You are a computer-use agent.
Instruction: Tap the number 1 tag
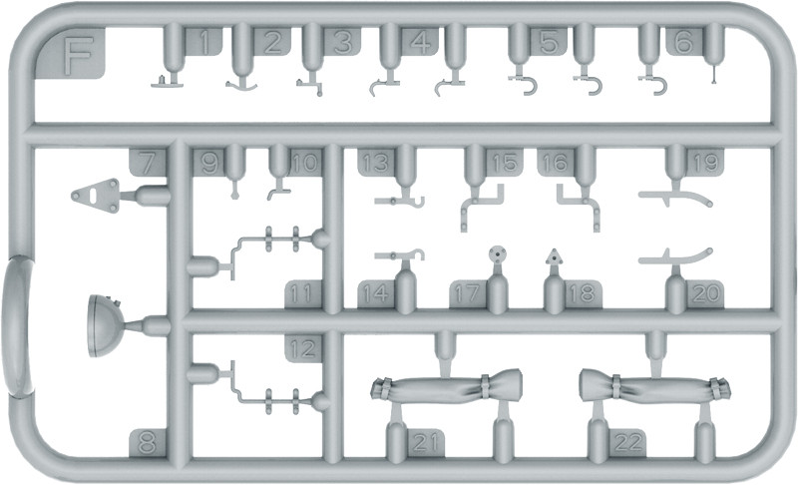pyautogui.click(x=203, y=42)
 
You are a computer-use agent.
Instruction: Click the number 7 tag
pyautogui.click(x=147, y=164)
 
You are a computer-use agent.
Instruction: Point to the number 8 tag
pyautogui.click(x=147, y=443)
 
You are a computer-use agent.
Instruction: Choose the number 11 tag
pyautogui.click(x=303, y=293)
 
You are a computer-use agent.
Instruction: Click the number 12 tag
pyautogui.click(x=303, y=348)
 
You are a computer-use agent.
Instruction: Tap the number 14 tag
pyautogui.click(x=376, y=293)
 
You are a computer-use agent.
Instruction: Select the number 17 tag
pyautogui.click(x=468, y=293)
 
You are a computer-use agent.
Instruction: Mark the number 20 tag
pyautogui.click(x=705, y=293)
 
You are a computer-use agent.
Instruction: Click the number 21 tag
pyautogui.click(x=425, y=443)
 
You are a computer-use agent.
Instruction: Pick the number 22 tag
pyautogui.click(x=627, y=443)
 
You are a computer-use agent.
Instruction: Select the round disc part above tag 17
pyautogui.click(x=497, y=253)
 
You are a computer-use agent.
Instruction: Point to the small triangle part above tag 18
pyautogui.click(x=554, y=257)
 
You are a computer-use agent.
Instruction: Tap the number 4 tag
pyautogui.click(x=420, y=42)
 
